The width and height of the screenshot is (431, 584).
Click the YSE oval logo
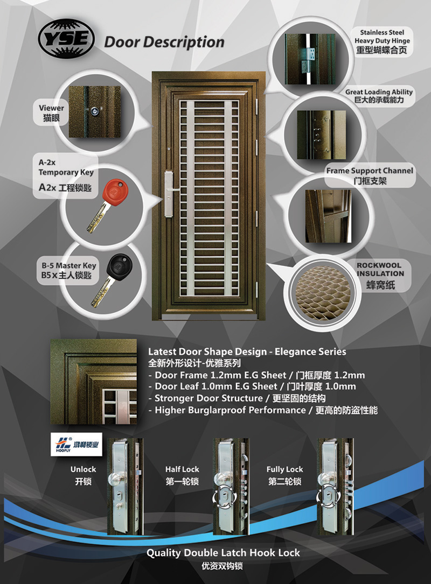pos(66,39)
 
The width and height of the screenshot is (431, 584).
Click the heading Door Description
pos(164,42)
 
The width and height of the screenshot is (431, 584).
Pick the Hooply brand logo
pos(77,444)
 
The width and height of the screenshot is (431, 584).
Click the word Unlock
pos(83,469)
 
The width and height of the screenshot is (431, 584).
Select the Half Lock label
pos(182,469)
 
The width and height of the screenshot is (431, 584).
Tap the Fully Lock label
pos(284,469)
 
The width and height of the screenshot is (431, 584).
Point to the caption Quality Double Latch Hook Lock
pos(223,553)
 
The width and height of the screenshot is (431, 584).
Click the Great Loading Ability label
pos(379,92)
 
